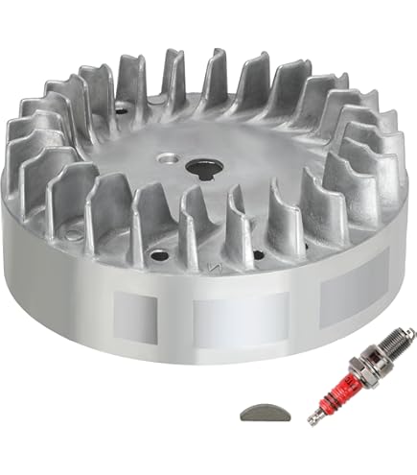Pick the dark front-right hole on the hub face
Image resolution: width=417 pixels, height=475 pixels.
tap(258, 254)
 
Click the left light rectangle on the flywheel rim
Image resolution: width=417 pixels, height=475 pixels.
tap(135, 310)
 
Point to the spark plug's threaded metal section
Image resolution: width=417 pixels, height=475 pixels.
tap(394, 350)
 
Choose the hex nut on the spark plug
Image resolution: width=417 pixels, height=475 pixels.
tap(371, 369)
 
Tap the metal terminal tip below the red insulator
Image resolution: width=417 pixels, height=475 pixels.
tap(313, 418)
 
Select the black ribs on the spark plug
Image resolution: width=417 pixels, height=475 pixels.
tap(356, 382)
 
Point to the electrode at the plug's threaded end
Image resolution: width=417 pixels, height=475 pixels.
tap(410, 335)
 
